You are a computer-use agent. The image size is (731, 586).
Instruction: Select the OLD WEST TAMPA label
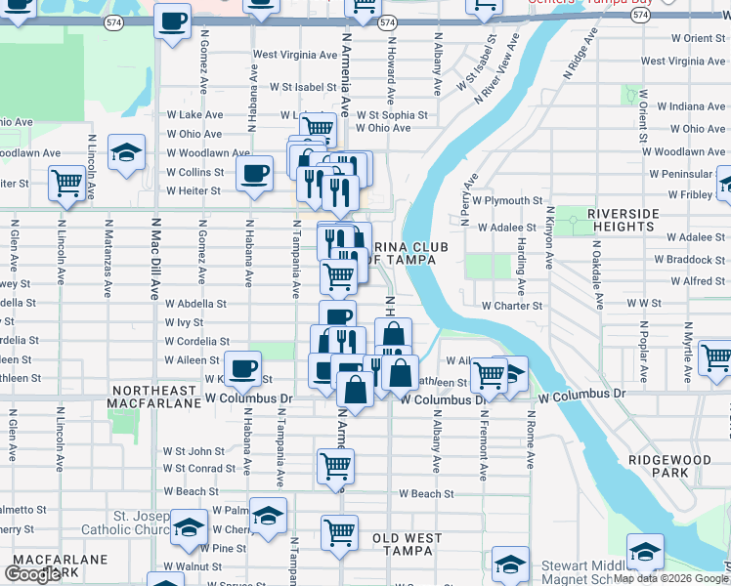click(x=407, y=544)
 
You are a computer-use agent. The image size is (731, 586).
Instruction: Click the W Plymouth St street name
click(x=507, y=200)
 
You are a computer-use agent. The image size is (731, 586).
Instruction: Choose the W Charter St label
click(x=511, y=305)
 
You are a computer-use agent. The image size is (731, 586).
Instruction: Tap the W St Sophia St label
click(x=392, y=114)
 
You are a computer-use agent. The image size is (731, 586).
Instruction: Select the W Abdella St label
click(x=195, y=304)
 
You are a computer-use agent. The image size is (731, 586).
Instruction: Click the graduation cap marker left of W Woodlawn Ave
click(x=126, y=153)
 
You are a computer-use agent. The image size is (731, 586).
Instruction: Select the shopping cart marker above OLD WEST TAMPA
click(x=339, y=532)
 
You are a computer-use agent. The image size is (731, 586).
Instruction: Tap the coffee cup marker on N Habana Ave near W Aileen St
click(x=243, y=368)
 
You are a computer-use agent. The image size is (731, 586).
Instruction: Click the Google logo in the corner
click(x=32, y=573)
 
